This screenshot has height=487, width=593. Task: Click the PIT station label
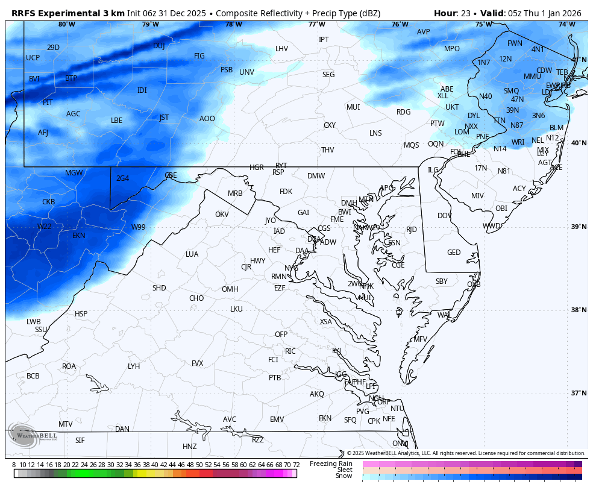point(48,102)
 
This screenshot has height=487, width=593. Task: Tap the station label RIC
point(290,351)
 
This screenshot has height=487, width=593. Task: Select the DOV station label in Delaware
point(445,216)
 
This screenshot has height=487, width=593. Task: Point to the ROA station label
point(69,366)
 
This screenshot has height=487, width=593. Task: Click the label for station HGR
point(257,168)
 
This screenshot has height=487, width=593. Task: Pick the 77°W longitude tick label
point(316,24)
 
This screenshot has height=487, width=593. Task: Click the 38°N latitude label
point(579,310)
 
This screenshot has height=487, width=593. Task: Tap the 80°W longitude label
point(67,24)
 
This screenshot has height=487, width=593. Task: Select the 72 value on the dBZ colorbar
point(296,465)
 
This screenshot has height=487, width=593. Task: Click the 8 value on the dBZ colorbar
point(14,465)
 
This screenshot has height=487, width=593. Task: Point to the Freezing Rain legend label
point(331,463)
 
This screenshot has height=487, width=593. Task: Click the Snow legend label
point(344,476)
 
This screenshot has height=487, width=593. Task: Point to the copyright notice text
point(466,453)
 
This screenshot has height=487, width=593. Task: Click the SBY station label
point(442,281)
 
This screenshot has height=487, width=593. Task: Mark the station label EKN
point(79,236)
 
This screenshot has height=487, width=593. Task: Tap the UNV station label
point(246,72)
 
